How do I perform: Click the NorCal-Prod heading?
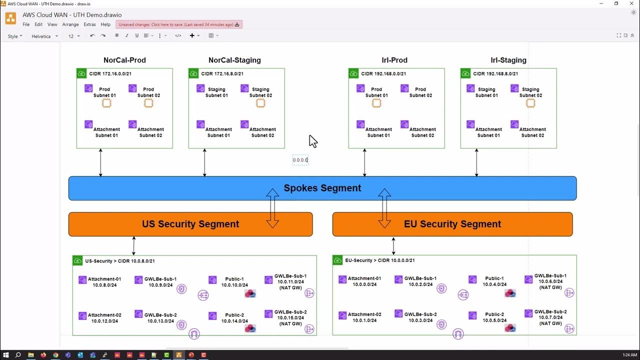coord(124,60)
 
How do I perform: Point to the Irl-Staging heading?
coord(508,60)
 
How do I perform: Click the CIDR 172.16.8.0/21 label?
coord(222,74)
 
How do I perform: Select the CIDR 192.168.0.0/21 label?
coord(383,74)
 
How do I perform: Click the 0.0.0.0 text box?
coord(300,160)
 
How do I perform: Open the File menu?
coord(26,24)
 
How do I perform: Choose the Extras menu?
coord(89,24)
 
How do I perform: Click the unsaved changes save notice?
coord(178,24)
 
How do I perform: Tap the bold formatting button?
coord(117,35)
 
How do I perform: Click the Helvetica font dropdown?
coord(44,36)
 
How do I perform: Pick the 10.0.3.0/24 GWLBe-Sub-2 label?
coord(420,317)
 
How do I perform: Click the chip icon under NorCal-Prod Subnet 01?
coord(106,103)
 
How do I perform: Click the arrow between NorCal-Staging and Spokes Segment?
coord(204,162)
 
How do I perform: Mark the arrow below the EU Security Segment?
coord(393,245)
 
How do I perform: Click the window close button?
coord(629,3)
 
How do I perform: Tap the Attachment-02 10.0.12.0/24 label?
coord(104,318)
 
